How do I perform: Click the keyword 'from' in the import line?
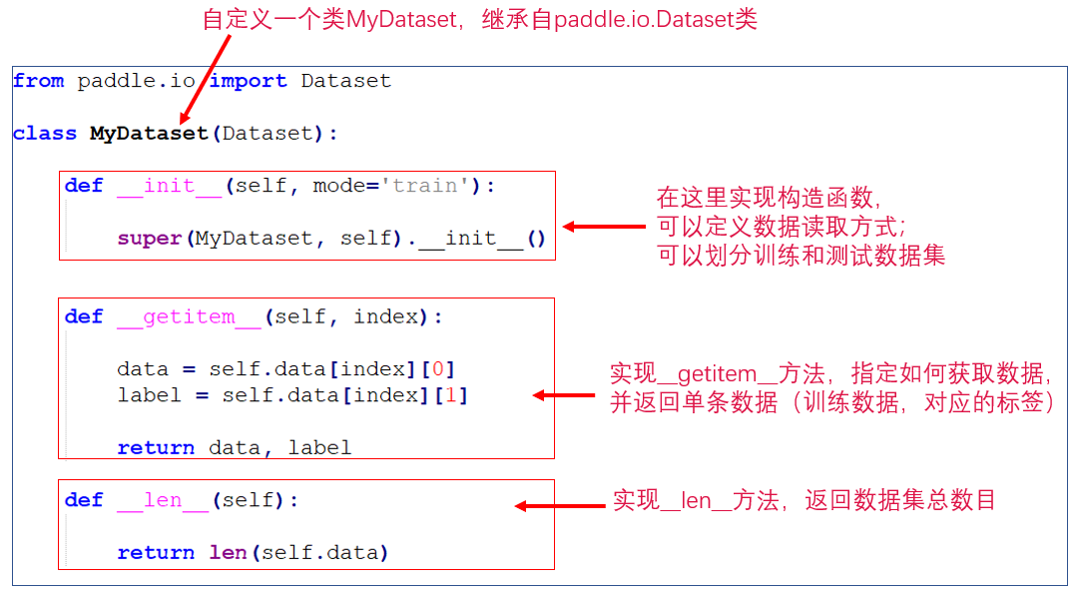click(39, 82)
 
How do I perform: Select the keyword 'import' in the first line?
click(248, 82)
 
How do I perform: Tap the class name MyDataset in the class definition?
click(150, 134)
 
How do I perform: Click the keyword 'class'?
click(45, 134)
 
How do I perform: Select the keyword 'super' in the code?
click(150, 239)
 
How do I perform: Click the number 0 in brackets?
click(436, 369)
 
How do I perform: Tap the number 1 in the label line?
click(449, 395)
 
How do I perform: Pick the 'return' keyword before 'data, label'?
click(156, 448)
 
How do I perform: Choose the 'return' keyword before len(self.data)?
click(156, 553)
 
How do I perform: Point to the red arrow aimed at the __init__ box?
click(604, 227)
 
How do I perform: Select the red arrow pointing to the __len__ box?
click(559, 506)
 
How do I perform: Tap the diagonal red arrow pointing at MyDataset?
click(206, 84)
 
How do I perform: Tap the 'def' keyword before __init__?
click(84, 187)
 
